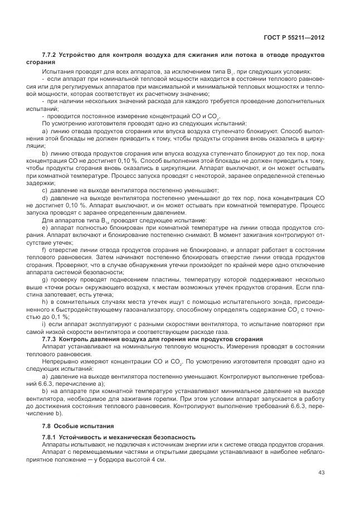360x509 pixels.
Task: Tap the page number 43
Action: (322, 473)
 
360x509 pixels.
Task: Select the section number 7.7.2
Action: (50, 55)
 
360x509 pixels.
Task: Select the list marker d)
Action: (45, 198)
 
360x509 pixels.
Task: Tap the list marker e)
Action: (45, 228)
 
